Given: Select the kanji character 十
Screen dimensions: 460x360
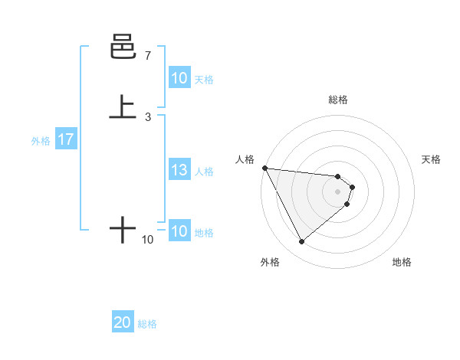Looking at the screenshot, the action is coord(123,229).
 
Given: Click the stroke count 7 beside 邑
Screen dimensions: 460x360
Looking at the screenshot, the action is coord(147,56).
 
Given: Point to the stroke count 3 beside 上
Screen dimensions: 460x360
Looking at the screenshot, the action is coord(147,116).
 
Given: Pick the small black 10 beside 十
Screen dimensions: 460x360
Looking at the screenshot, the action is coord(147,240).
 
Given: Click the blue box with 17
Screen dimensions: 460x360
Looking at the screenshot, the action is coord(65,140).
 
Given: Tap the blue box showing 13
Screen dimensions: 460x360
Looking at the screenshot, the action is coord(179,171).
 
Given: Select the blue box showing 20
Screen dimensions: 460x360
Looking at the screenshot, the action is coord(122,323).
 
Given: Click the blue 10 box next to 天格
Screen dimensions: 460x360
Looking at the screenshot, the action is coord(179,78).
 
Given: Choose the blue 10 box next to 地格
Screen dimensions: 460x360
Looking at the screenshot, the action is coord(179,231).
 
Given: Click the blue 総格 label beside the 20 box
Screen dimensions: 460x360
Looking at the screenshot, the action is coord(147,324).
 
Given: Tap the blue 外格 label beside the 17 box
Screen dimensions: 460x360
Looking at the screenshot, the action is coord(41,141).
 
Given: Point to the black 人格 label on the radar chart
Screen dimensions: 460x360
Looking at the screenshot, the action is coord(245,159).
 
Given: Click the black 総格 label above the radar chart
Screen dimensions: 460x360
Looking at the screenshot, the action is coord(338,100).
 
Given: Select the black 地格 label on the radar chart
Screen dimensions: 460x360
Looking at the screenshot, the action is coord(402,262).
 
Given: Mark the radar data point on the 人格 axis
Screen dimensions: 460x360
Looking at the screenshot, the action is coord(264,168).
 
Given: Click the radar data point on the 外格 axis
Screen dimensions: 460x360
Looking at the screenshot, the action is coord(301,242).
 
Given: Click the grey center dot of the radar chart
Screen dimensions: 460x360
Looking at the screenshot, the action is coord(338,191).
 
